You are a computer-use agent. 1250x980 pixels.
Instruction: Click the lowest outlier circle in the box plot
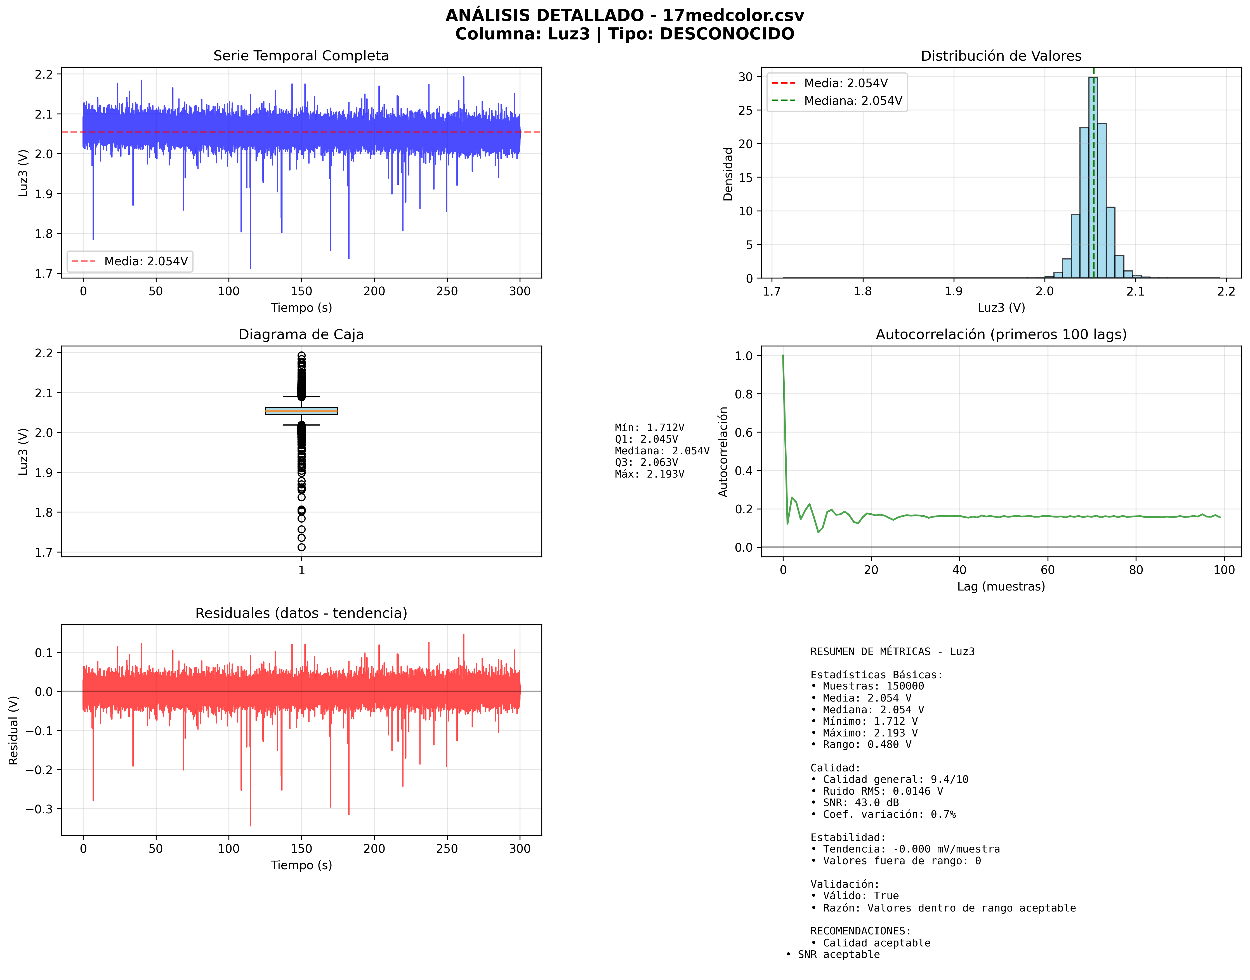click(301, 547)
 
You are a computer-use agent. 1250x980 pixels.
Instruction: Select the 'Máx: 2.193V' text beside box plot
click(649, 474)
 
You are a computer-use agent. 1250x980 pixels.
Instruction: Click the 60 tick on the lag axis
click(1048, 570)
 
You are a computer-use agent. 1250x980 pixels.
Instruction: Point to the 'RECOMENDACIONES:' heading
click(860, 931)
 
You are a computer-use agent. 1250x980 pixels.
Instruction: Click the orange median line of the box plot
click(301, 411)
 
